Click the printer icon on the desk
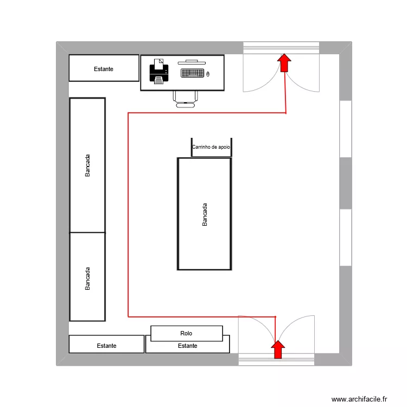(x=158, y=71)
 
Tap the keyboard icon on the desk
(x=192, y=73)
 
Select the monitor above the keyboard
(x=192, y=62)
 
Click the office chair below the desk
(x=185, y=98)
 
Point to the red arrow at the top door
(x=284, y=62)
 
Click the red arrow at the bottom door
(x=278, y=349)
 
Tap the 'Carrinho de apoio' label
(x=212, y=147)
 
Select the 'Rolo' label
(x=186, y=333)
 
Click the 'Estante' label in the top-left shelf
(x=104, y=69)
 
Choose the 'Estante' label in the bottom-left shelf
(x=106, y=346)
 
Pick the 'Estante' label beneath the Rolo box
(x=188, y=346)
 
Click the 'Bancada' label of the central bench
(x=205, y=214)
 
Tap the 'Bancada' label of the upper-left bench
(x=88, y=166)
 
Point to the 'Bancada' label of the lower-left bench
(x=88, y=278)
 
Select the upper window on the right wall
(x=346, y=129)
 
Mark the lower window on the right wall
(x=346, y=237)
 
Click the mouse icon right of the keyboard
(x=208, y=73)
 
